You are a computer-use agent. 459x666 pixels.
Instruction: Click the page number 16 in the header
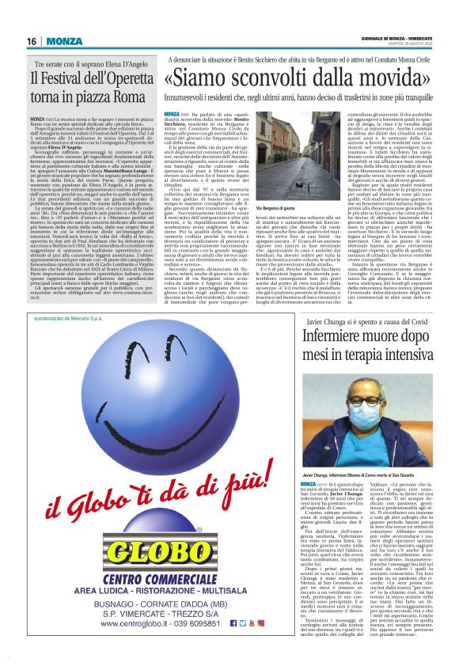click(32, 40)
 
